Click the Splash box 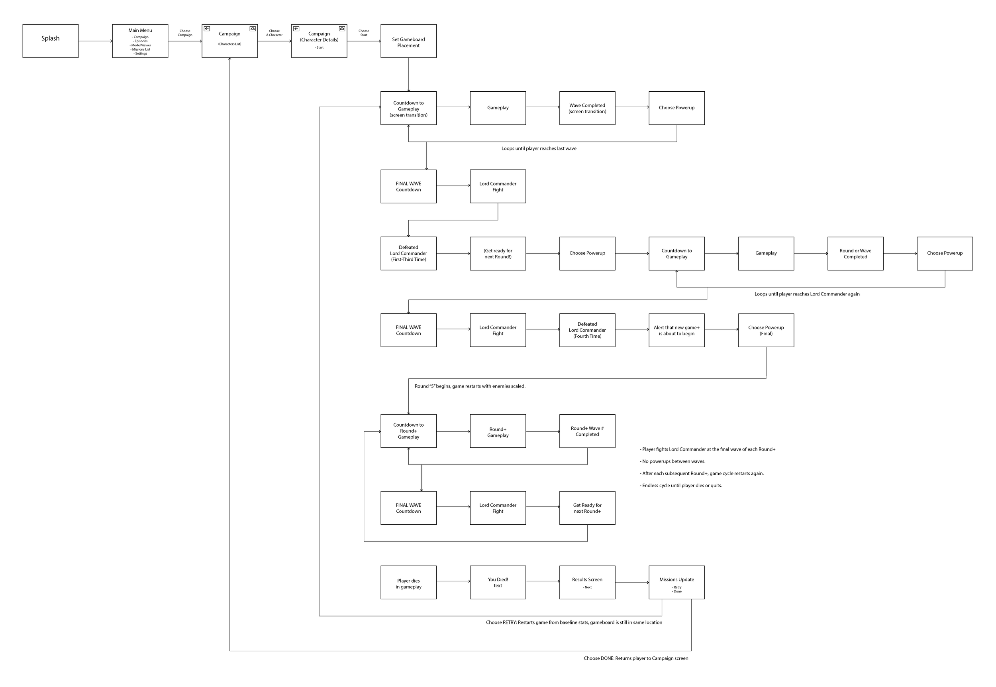coord(50,41)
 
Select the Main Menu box coord(140,41)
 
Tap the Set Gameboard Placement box coord(408,41)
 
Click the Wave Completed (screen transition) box coord(587,108)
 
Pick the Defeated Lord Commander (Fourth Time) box coord(587,330)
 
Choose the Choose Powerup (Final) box coord(766,330)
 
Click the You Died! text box coord(498,583)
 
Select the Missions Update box coord(676,583)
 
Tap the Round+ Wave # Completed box coord(587,431)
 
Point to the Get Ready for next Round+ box coord(587,508)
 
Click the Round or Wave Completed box coord(855,254)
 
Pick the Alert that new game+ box coord(676,330)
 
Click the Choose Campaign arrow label coord(185,33)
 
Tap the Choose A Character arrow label coord(274,33)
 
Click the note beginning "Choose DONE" coord(635,658)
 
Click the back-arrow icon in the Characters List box coord(207,29)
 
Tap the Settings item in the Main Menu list coord(141,54)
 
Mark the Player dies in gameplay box coord(408,583)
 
